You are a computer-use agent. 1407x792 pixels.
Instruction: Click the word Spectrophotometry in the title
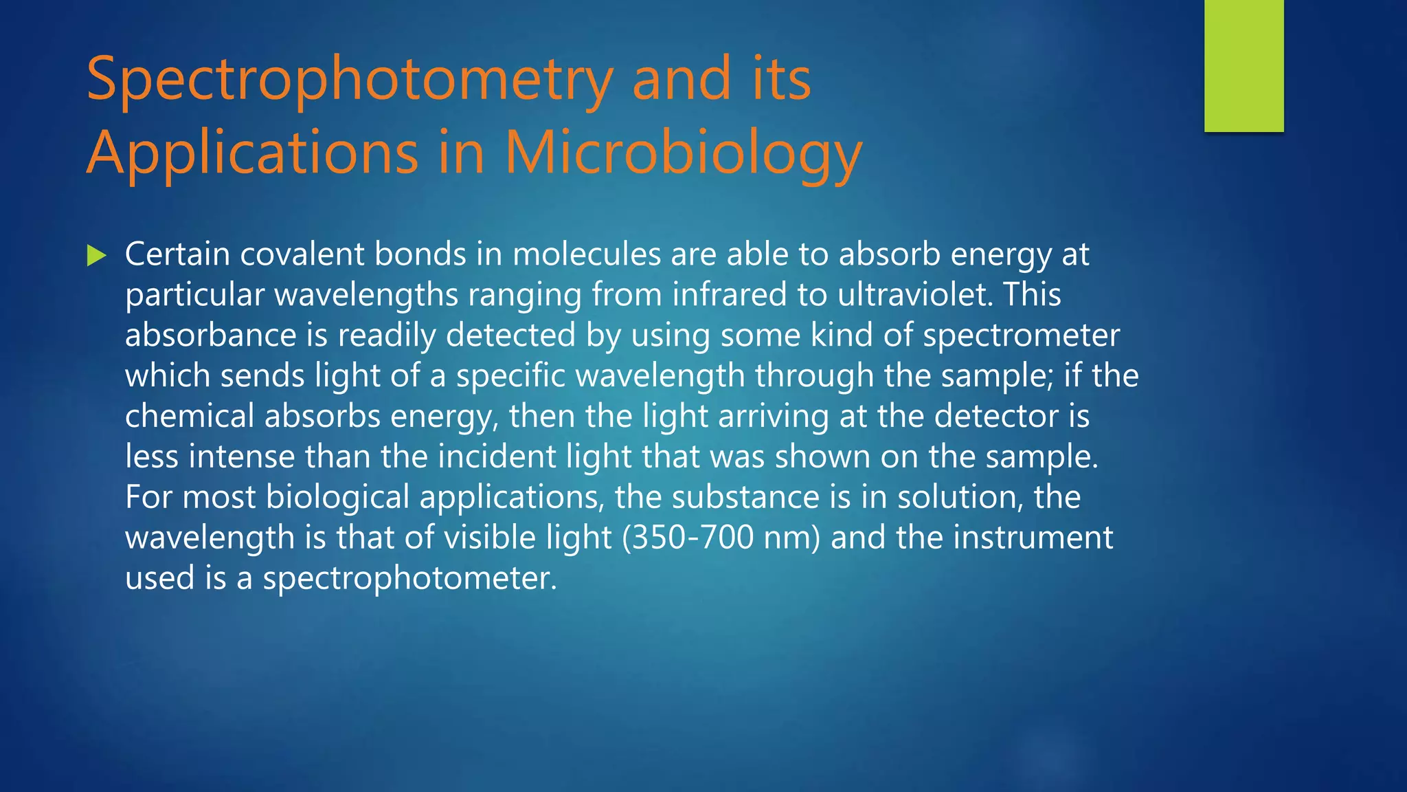pos(349,80)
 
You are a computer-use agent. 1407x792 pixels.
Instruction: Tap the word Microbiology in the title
pos(683,153)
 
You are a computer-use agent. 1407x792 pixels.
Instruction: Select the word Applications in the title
pos(252,153)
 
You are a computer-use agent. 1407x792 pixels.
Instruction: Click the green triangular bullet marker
pos(97,256)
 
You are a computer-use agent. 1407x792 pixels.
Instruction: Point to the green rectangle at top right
pos(1243,65)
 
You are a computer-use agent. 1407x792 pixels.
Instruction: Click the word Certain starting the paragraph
pos(177,254)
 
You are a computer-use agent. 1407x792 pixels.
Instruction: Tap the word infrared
pos(729,295)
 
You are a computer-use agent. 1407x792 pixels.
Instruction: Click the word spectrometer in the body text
pos(1021,335)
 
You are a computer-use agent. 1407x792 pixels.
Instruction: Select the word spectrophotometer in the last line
pos(409,578)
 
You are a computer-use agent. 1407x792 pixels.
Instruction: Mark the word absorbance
pos(210,335)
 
